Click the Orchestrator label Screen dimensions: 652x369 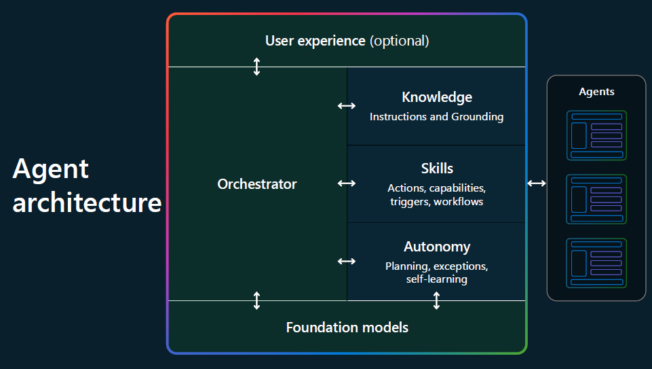[x=257, y=184]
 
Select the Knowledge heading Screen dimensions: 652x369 [x=437, y=97]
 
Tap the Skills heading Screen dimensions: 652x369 [x=437, y=169]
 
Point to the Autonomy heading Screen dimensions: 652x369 [x=437, y=247]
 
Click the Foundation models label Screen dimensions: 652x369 [x=347, y=328]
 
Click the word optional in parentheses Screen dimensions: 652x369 [x=399, y=41]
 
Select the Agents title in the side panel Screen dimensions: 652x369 [x=596, y=92]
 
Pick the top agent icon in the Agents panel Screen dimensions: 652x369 [x=596, y=135]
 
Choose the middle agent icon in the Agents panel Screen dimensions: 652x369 [x=596, y=199]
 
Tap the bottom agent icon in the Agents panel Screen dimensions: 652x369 [x=596, y=263]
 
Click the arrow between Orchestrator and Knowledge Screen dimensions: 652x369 [x=347, y=106]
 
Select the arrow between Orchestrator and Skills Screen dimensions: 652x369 [x=347, y=183]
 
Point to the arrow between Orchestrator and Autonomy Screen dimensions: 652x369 [x=347, y=261]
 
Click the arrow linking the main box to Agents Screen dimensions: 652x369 [x=537, y=183]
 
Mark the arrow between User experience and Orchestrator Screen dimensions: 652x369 [x=256, y=67]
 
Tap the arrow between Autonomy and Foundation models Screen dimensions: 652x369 [x=436, y=300]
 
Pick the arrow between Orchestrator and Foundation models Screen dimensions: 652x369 [x=256, y=300]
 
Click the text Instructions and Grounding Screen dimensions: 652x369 [x=437, y=117]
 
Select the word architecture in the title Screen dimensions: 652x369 [x=87, y=203]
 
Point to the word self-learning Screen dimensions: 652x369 [x=437, y=279]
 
